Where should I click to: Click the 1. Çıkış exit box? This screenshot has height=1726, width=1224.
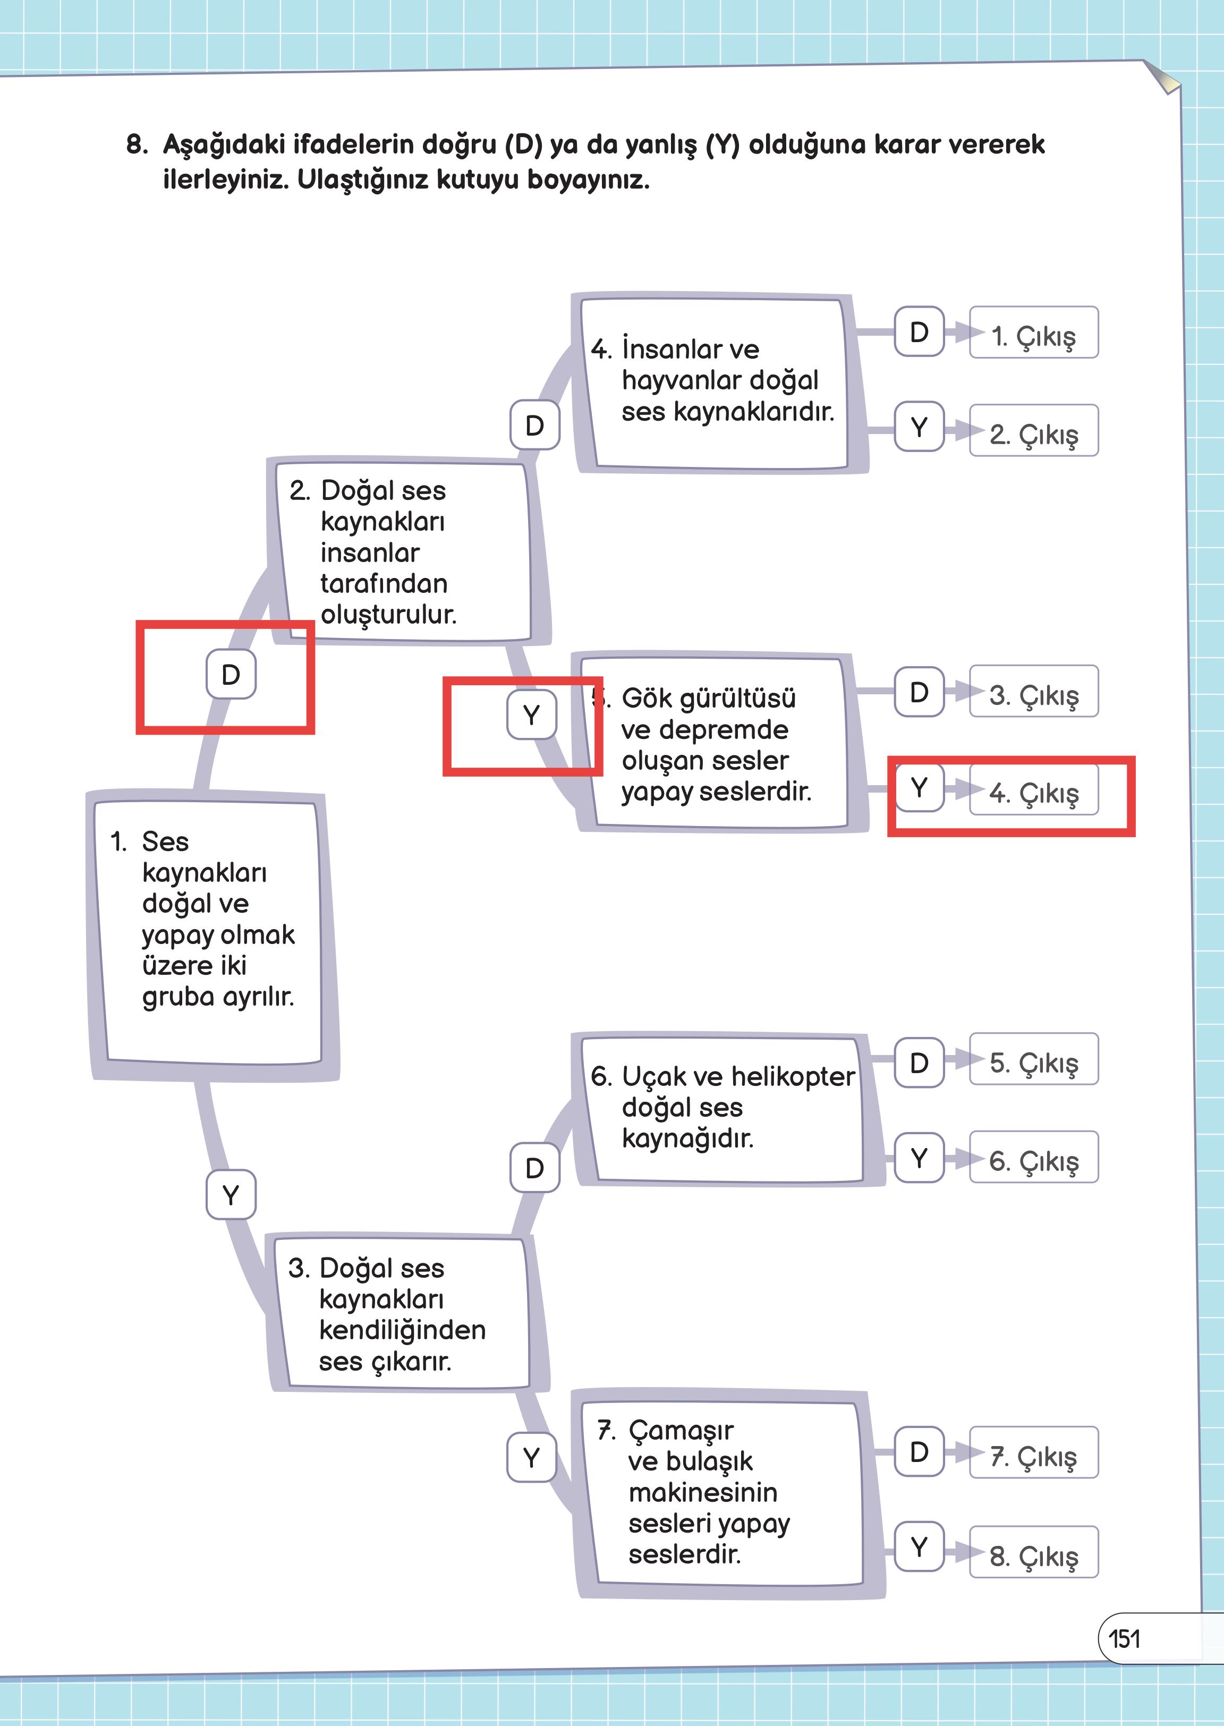1033,333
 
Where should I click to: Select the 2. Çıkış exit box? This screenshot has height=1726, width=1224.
1033,430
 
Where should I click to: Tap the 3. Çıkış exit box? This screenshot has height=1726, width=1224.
1033,691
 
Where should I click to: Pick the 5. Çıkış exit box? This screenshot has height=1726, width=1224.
1033,1059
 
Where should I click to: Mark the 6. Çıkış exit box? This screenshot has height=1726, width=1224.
1033,1157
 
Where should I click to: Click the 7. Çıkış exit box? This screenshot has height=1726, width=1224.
1033,1452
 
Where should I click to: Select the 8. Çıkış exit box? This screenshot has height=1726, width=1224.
1033,1552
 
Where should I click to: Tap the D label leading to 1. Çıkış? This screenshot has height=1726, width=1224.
919,331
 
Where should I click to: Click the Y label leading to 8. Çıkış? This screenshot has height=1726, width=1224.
919,1546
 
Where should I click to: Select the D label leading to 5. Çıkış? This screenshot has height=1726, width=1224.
919,1062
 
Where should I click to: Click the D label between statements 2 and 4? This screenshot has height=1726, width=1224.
534,425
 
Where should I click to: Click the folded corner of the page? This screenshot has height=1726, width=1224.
1162,78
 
